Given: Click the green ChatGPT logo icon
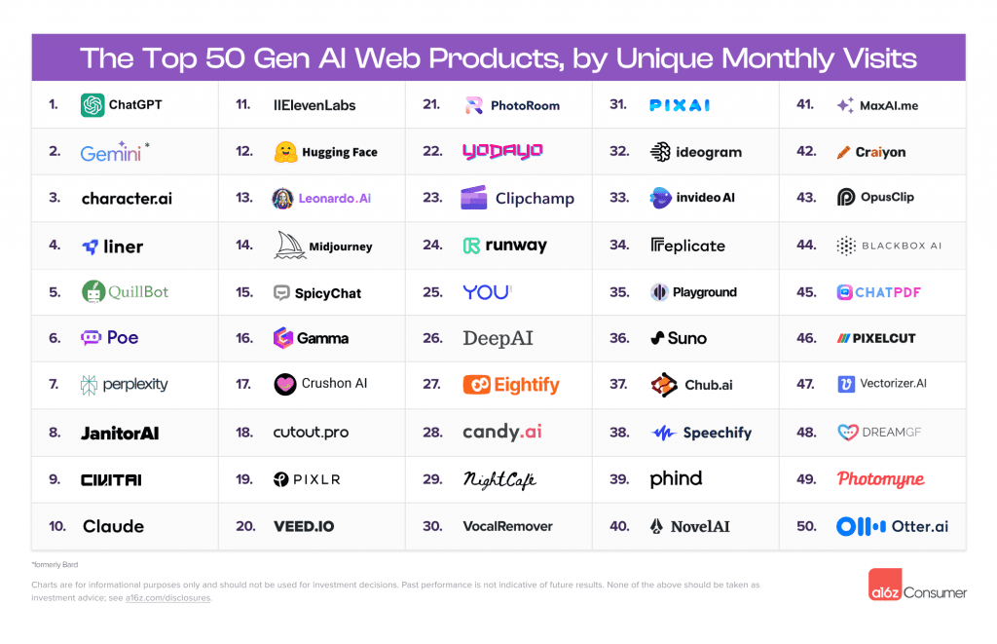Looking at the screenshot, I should tap(92, 104).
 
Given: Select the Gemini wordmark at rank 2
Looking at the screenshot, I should tap(112, 152).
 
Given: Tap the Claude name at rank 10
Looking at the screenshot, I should tap(113, 526).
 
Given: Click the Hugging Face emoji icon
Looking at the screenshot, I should tap(285, 152).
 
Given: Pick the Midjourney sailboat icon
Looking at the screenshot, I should tap(291, 245).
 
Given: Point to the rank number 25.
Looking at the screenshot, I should tap(432, 291).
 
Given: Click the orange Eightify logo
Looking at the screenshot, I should tap(511, 385).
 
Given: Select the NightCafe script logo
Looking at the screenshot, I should tap(499, 479).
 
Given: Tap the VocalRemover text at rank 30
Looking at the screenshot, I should tap(507, 526).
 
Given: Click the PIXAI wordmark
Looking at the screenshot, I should tap(680, 104).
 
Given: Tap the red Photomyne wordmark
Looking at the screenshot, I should tap(880, 479).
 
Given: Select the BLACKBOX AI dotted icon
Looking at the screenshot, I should tap(846, 246).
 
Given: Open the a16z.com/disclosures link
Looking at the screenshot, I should tap(167, 598).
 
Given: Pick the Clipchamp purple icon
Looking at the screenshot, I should tap(474, 198).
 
